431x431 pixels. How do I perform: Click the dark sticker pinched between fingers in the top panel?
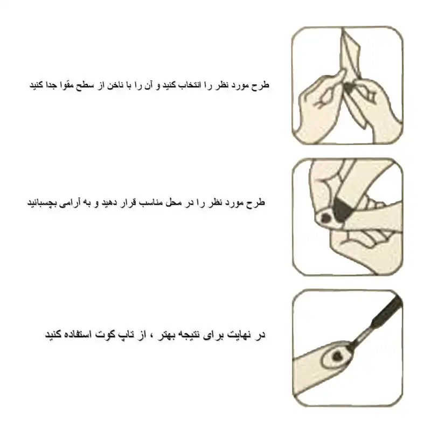(349, 87)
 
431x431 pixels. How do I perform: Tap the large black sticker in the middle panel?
(341, 207)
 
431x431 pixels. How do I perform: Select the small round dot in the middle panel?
(325, 218)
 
